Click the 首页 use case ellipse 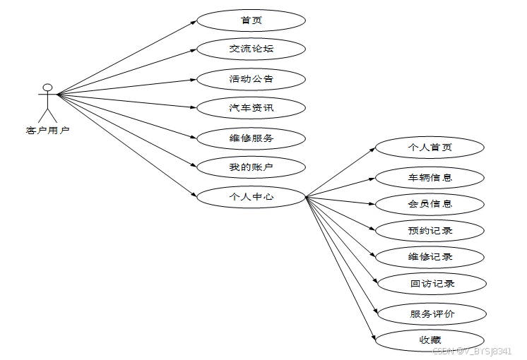(251, 20)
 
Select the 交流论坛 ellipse (251, 49)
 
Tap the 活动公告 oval (251, 78)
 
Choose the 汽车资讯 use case (251, 108)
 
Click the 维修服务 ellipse (251, 138)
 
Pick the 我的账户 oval (251, 167)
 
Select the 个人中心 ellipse (251, 197)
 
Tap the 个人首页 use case (430, 148)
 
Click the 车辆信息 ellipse (430, 177)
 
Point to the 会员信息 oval (430, 204)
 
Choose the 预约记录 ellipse (430, 230)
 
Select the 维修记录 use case (430, 256)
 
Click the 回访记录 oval (432, 284)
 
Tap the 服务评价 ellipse (432, 313)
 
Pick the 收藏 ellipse (430, 340)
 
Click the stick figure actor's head (47, 88)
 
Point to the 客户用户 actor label (47, 130)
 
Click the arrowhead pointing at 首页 (193, 22)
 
